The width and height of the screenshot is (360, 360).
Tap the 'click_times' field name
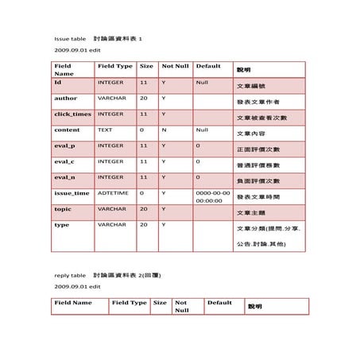coord(72,114)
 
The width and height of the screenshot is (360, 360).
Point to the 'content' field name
coord(67,130)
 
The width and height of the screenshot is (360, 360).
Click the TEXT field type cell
coord(105,130)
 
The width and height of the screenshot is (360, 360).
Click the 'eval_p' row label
coord(64,145)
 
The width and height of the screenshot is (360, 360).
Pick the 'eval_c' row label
coord(64,161)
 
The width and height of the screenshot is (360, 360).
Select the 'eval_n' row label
coord(64,177)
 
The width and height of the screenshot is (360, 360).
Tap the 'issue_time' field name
coord(72,192)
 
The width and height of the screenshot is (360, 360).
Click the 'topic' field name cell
coord(63,208)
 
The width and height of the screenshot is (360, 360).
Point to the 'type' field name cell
coord(61,225)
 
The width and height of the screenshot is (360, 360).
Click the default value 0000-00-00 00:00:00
coord(212,196)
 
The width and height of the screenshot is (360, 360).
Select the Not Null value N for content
coord(164,130)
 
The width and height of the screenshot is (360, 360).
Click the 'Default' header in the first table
coord(207,66)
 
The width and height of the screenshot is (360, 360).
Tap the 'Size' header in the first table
coord(146,66)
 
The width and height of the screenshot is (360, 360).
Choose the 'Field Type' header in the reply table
coord(129,303)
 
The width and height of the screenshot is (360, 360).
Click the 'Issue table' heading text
coord(70,38)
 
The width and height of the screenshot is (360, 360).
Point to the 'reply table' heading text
coord(70,275)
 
